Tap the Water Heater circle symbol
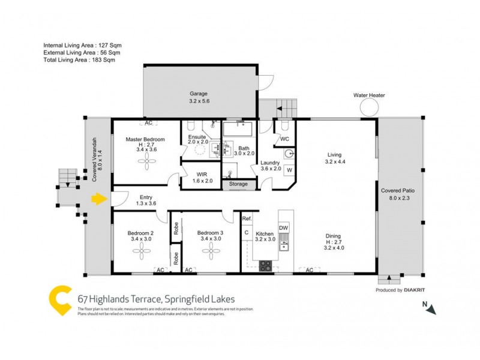[369, 108]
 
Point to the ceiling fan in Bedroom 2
[142, 255]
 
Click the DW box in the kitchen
[284, 228]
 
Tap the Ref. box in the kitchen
[247, 220]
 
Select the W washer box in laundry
[289, 170]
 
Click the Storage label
[238, 184]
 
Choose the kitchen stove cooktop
[265, 266]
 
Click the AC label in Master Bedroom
[148, 123]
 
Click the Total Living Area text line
[79, 60]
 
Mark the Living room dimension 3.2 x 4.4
[335, 161]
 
